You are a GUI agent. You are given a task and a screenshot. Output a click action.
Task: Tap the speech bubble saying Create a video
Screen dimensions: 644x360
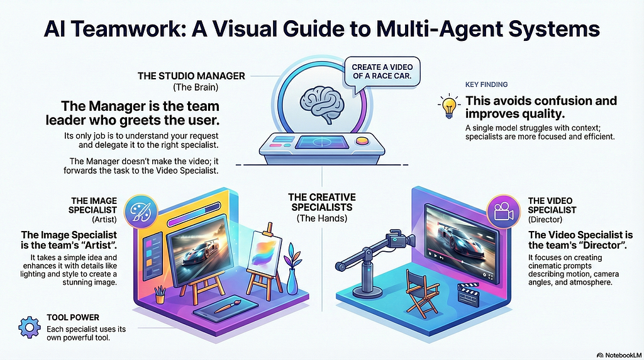tap(382, 72)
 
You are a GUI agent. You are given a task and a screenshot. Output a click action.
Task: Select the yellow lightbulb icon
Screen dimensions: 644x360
tap(449, 106)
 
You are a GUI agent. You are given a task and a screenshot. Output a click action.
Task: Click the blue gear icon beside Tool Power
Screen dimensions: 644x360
tap(30, 327)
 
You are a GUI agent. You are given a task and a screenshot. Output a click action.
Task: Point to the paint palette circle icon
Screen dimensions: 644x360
tap(141, 211)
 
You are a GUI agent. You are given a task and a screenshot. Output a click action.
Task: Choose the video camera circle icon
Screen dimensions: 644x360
tap(503, 211)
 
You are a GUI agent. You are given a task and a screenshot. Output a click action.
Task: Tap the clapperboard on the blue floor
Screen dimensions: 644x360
tap(469, 295)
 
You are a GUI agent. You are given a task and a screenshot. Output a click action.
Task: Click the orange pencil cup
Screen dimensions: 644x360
tap(159, 295)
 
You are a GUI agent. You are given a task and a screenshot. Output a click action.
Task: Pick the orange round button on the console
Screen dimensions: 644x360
tap(362, 141)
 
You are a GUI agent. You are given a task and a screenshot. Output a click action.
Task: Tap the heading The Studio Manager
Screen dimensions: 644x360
tap(191, 76)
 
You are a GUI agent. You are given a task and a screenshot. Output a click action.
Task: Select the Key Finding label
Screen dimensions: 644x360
tap(486, 84)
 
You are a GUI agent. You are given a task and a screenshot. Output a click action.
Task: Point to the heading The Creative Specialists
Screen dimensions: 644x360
tap(322, 202)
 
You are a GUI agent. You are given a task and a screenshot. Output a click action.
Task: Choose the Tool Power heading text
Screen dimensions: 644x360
tap(73, 317)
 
